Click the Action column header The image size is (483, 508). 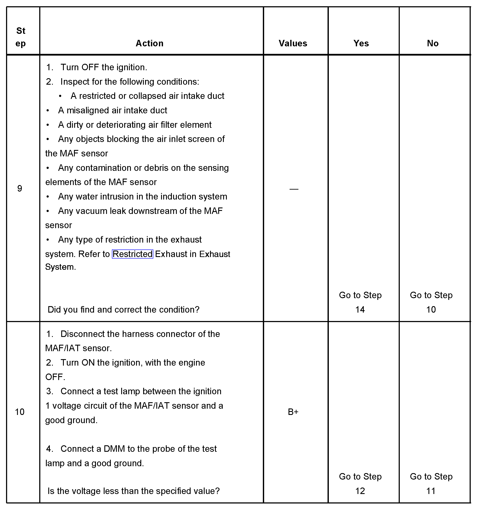(149, 43)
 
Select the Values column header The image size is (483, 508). (293, 43)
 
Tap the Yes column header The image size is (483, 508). (361, 43)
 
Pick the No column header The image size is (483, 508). (433, 43)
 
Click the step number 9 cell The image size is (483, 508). (20, 189)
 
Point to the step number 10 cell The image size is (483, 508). (20, 412)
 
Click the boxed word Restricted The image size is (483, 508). (133, 254)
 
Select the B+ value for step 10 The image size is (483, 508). (293, 412)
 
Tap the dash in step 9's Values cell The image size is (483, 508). (294, 189)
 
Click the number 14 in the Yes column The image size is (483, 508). (360, 309)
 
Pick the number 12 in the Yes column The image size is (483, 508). (360, 491)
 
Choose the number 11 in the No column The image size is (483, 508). (431, 491)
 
